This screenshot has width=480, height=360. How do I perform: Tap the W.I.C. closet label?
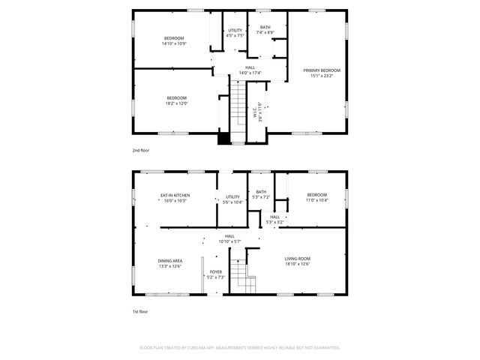pyautogui.click(x=257, y=112)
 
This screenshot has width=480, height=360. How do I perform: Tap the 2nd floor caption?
pyautogui.click(x=141, y=151)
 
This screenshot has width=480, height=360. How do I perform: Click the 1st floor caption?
pyautogui.click(x=141, y=311)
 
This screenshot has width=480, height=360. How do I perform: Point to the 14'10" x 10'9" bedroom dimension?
pyautogui.click(x=173, y=43)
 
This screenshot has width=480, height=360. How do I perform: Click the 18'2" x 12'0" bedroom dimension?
pyautogui.click(x=176, y=103)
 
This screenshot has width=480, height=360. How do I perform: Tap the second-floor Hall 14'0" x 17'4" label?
pyautogui.click(x=250, y=70)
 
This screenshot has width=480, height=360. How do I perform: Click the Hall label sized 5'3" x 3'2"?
pyautogui.click(x=275, y=220)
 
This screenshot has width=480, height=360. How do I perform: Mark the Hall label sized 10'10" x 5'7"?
pyautogui.click(x=229, y=238)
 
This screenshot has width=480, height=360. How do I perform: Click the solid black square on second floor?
pyautogui.click(x=223, y=137)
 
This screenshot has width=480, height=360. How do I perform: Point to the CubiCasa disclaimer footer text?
pyautogui.click(x=240, y=348)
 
